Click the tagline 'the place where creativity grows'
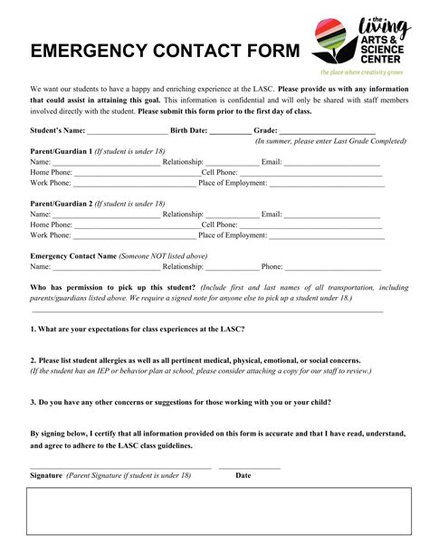(x=360, y=71)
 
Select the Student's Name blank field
(x=121, y=132)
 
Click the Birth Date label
(x=183, y=130)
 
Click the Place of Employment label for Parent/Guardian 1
(x=233, y=183)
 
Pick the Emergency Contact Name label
(x=73, y=256)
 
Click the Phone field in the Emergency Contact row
(x=333, y=268)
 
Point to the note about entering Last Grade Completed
(x=331, y=141)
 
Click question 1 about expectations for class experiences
(x=137, y=329)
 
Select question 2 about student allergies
(x=195, y=360)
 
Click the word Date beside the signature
(x=243, y=475)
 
